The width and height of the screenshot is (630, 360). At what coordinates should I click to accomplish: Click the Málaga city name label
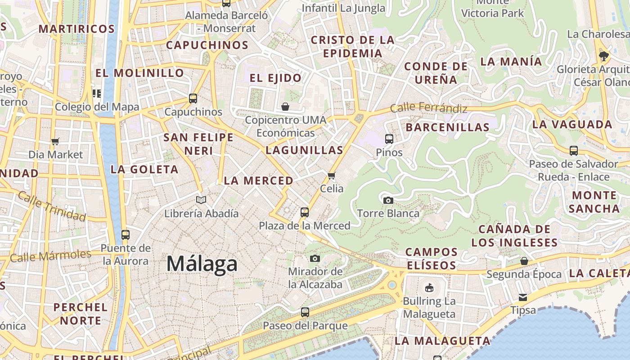pyautogui.click(x=202, y=264)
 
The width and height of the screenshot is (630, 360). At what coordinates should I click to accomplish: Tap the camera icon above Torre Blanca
pyautogui.click(x=388, y=200)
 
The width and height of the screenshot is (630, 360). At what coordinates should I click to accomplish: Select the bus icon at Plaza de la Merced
pyautogui.click(x=305, y=212)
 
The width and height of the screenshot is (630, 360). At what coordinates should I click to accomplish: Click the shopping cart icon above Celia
pyautogui.click(x=332, y=175)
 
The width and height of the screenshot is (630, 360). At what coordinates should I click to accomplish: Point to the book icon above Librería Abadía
pyautogui.click(x=201, y=200)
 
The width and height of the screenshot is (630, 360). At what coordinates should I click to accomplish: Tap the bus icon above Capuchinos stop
pyautogui.click(x=193, y=98)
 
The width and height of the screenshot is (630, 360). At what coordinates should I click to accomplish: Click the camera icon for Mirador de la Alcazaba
pyautogui.click(x=315, y=258)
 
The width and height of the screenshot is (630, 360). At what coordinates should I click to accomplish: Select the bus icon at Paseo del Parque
pyautogui.click(x=305, y=312)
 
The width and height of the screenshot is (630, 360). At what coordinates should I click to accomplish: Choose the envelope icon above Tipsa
pyautogui.click(x=522, y=297)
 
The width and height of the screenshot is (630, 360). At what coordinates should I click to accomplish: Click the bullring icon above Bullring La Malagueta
pyautogui.click(x=429, y=288)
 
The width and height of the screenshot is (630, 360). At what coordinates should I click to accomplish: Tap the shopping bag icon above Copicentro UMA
pyautogui.click(x=285, y=107)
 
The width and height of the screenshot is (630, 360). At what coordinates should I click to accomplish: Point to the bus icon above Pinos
pyautogui.click(x=389, y=139)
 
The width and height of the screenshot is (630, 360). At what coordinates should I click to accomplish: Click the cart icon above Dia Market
pyautogui.click(x=55, y=142)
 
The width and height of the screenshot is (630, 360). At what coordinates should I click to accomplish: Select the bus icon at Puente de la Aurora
pyautogui.click(x=125, y=234)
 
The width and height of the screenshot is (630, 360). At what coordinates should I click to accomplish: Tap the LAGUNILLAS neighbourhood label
pyautogui.click(x=304, y=150)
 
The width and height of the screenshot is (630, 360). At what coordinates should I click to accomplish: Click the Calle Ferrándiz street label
pyautogui.click(x=428, y=108)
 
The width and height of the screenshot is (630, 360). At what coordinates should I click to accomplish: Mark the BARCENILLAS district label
pyautogui.click(x=447, y=127)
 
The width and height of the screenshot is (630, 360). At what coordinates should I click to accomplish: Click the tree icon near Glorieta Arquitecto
pyautogui.click(x=603, y=56)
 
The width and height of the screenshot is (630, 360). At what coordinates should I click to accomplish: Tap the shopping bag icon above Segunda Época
pyautogui.click(x=524, y=261)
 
